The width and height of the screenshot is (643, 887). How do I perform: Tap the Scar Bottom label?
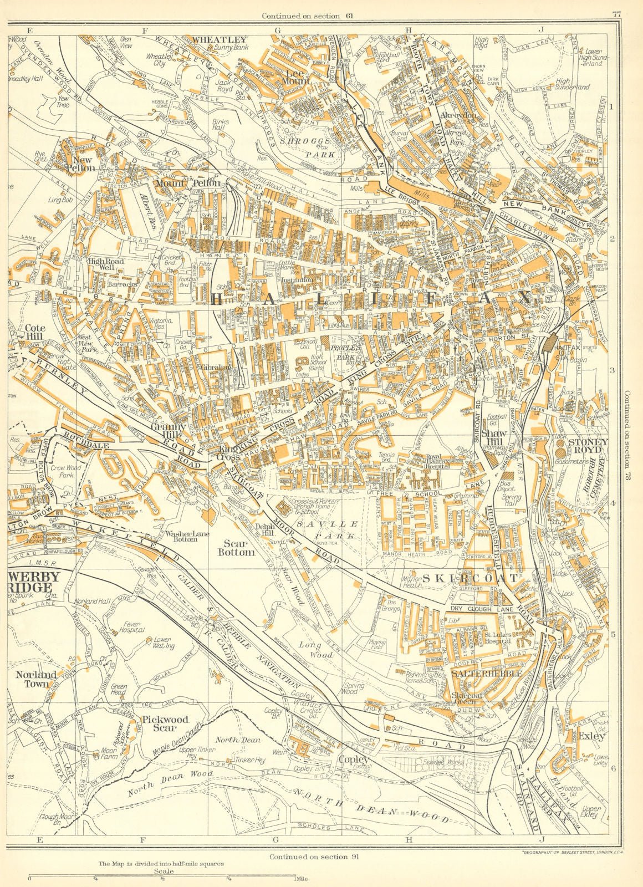click(x=237, y=548)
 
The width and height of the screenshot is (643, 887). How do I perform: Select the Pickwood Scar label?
click(x=165, y=723)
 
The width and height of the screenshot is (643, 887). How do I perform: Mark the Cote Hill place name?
click(x=34, y=332)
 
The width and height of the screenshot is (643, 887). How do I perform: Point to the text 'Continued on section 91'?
click(x=314, y=856)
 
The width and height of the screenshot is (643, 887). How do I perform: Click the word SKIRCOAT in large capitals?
click(x=471, y=578)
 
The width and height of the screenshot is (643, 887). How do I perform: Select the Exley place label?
click(x=590, y=737)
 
